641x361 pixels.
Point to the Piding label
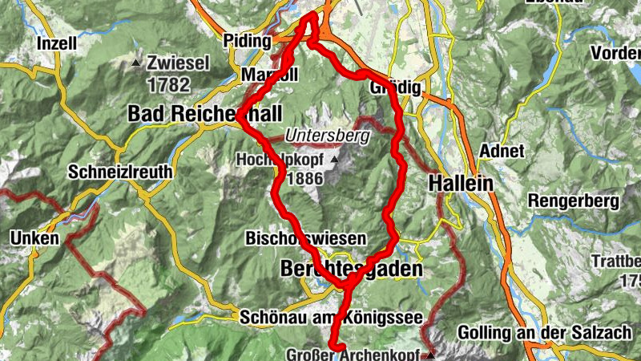(x=244, y=39)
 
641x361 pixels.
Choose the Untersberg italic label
(x=328, y=136)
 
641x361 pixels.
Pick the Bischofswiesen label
(x=306, y=238)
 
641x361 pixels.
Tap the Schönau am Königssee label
(x=331, y=318)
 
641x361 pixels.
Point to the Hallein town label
(x=461, y=183)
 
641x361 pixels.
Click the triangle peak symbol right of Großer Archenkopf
(x=430, y=353)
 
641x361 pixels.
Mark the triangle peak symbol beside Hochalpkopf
(x=335, y=160)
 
